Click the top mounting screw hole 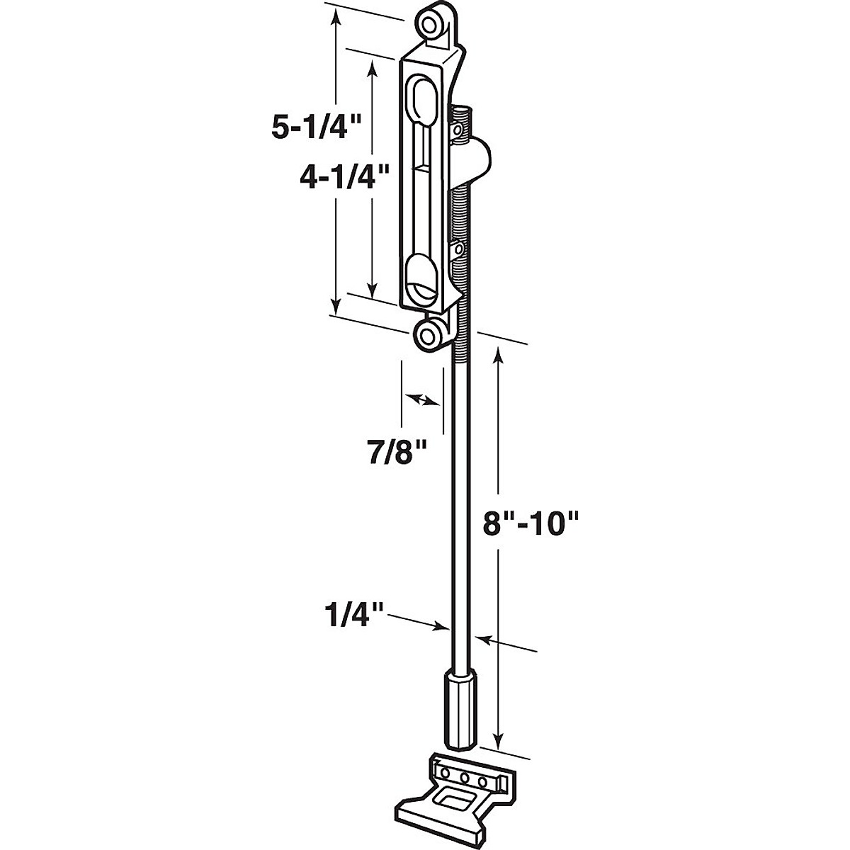point(431,23)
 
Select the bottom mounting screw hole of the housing point(428,334)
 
